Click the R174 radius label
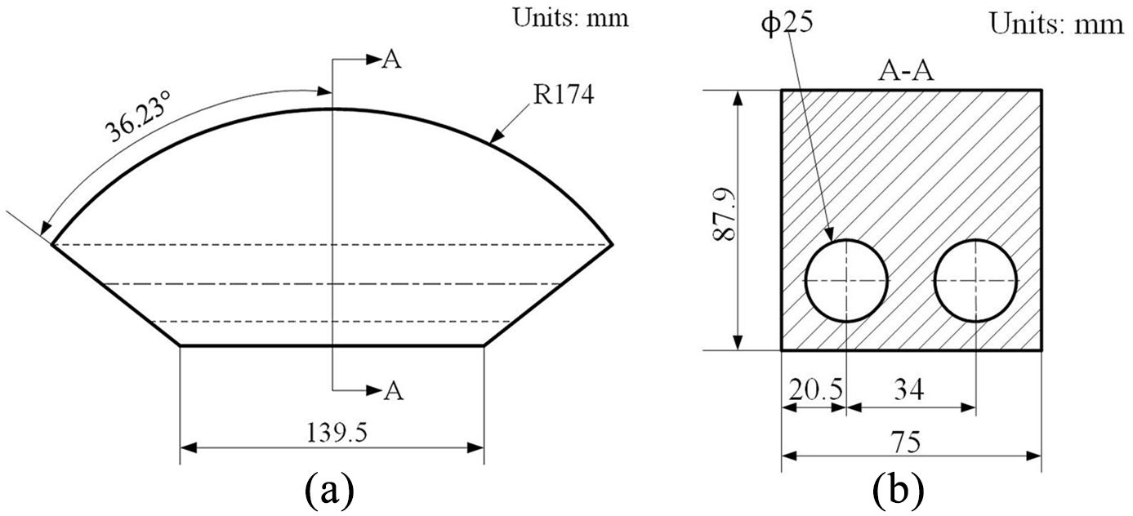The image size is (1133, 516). pyautogui.click(x=564, y=95)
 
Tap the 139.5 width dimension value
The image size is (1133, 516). pyautogui.click(x=337, y=433)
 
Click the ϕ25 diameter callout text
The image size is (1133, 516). pyautogui.click(x=787, y=23)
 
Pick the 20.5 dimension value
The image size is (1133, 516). pyautogui.click(x=816, y=389)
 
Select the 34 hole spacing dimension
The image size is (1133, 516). pyautogui.click(x=909, y=389)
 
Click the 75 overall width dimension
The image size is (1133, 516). pyautogui.click(x=907, y=443)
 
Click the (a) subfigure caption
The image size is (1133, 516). pyautogui.click(x=330, y=490)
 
